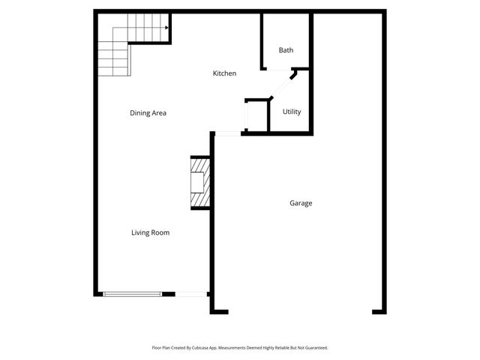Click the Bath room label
click(x=286, y=50)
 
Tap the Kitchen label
click(x=224, y=73)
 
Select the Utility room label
click(x=292, y=112)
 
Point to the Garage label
click(x=301, y=203)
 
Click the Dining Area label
click(x=148, y=113)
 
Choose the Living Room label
click(x=150, y=232)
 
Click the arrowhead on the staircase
click(x=166, y=29)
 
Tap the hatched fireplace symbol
click(x=199, y=182)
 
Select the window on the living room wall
click(x=132, y=294)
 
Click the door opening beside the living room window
click(x=191, y=294)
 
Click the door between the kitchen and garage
click(x=227, y=133)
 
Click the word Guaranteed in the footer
click(x=313, y=347)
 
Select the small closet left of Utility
click(x=256, y=116)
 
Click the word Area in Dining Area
click(x=158, y=113)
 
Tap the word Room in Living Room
click(x=160, y=232)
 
